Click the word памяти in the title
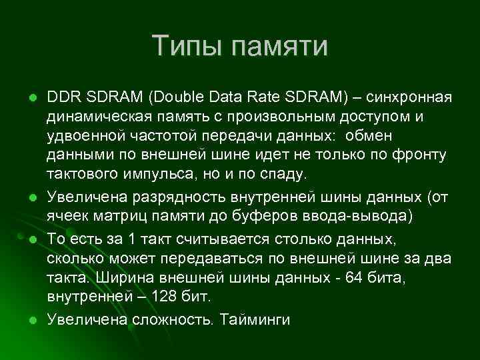coord(280,47)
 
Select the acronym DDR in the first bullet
coord(61,98)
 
